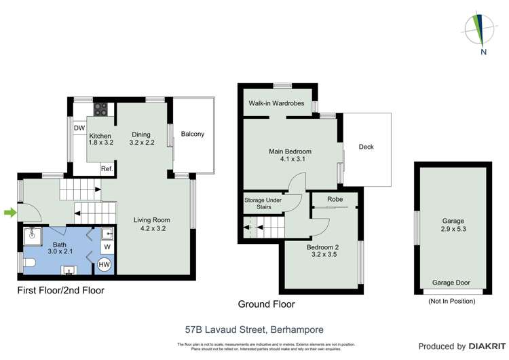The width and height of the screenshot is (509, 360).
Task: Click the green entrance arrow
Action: click(9, 213)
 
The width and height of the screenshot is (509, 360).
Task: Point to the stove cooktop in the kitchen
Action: click(100, 107)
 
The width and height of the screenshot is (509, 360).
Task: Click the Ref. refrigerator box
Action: click(107, 169)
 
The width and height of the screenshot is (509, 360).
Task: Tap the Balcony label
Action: click(192, 134)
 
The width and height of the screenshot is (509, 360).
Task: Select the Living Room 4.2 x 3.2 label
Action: click(151, 224)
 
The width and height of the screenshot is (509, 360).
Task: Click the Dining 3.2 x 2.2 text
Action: click(142, 139)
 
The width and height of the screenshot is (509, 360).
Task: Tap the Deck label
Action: click(366, 147)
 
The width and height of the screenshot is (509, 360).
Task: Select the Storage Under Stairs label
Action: click(264, 204)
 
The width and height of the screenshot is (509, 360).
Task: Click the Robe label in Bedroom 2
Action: click(335, 199)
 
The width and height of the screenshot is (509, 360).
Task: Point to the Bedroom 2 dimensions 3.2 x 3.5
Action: click(323, 254)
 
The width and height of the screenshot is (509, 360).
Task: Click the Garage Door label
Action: click(451, 283)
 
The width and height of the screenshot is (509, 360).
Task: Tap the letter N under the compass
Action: click(483, 51)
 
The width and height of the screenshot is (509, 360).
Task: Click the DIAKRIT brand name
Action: click(483, 346)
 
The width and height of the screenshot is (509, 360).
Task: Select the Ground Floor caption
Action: click(266, 304)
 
